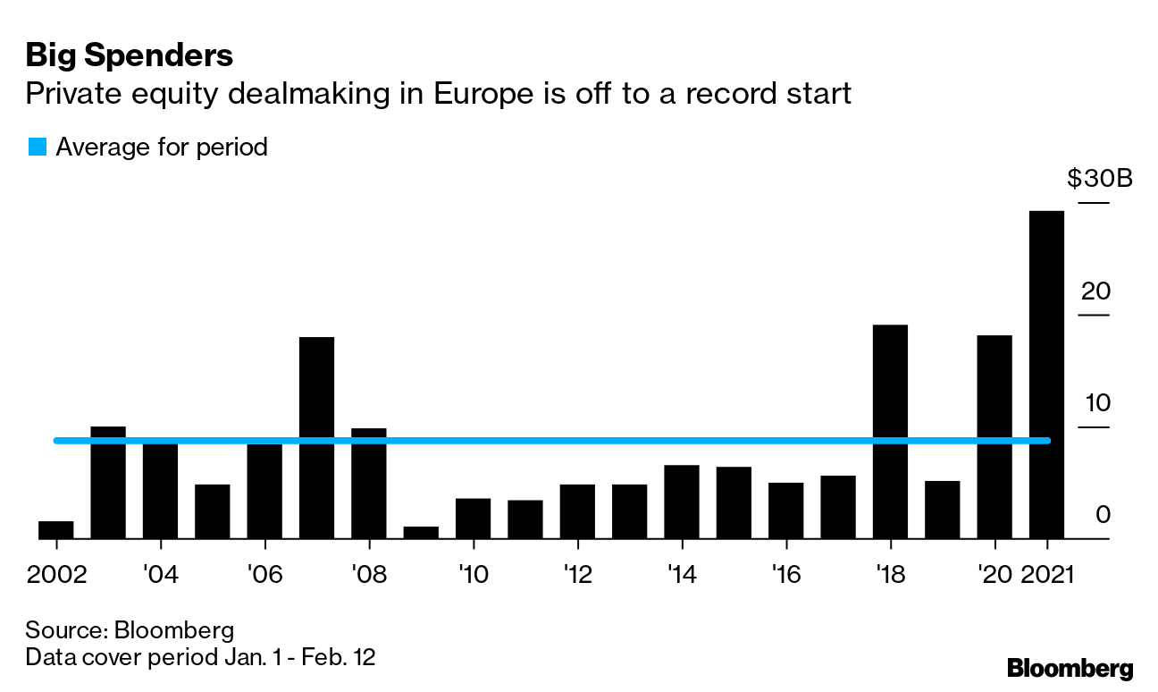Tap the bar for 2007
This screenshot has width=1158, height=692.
click(x=316, y=437)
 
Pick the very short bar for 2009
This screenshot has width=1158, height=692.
click(x=421, y=532)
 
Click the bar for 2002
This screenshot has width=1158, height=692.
click(x=55, y=529)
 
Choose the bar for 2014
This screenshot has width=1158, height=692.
click(x=682, y=502)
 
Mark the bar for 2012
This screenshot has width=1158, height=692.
click(x=577, y=511)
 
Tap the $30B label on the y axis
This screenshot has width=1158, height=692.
click(x=1099, y=179)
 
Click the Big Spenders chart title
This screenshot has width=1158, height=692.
click(x=130, y=56)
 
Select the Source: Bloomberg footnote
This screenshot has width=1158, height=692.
click(x=130, y=629)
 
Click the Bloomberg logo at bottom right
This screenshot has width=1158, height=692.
click(x=1070, y=668)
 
